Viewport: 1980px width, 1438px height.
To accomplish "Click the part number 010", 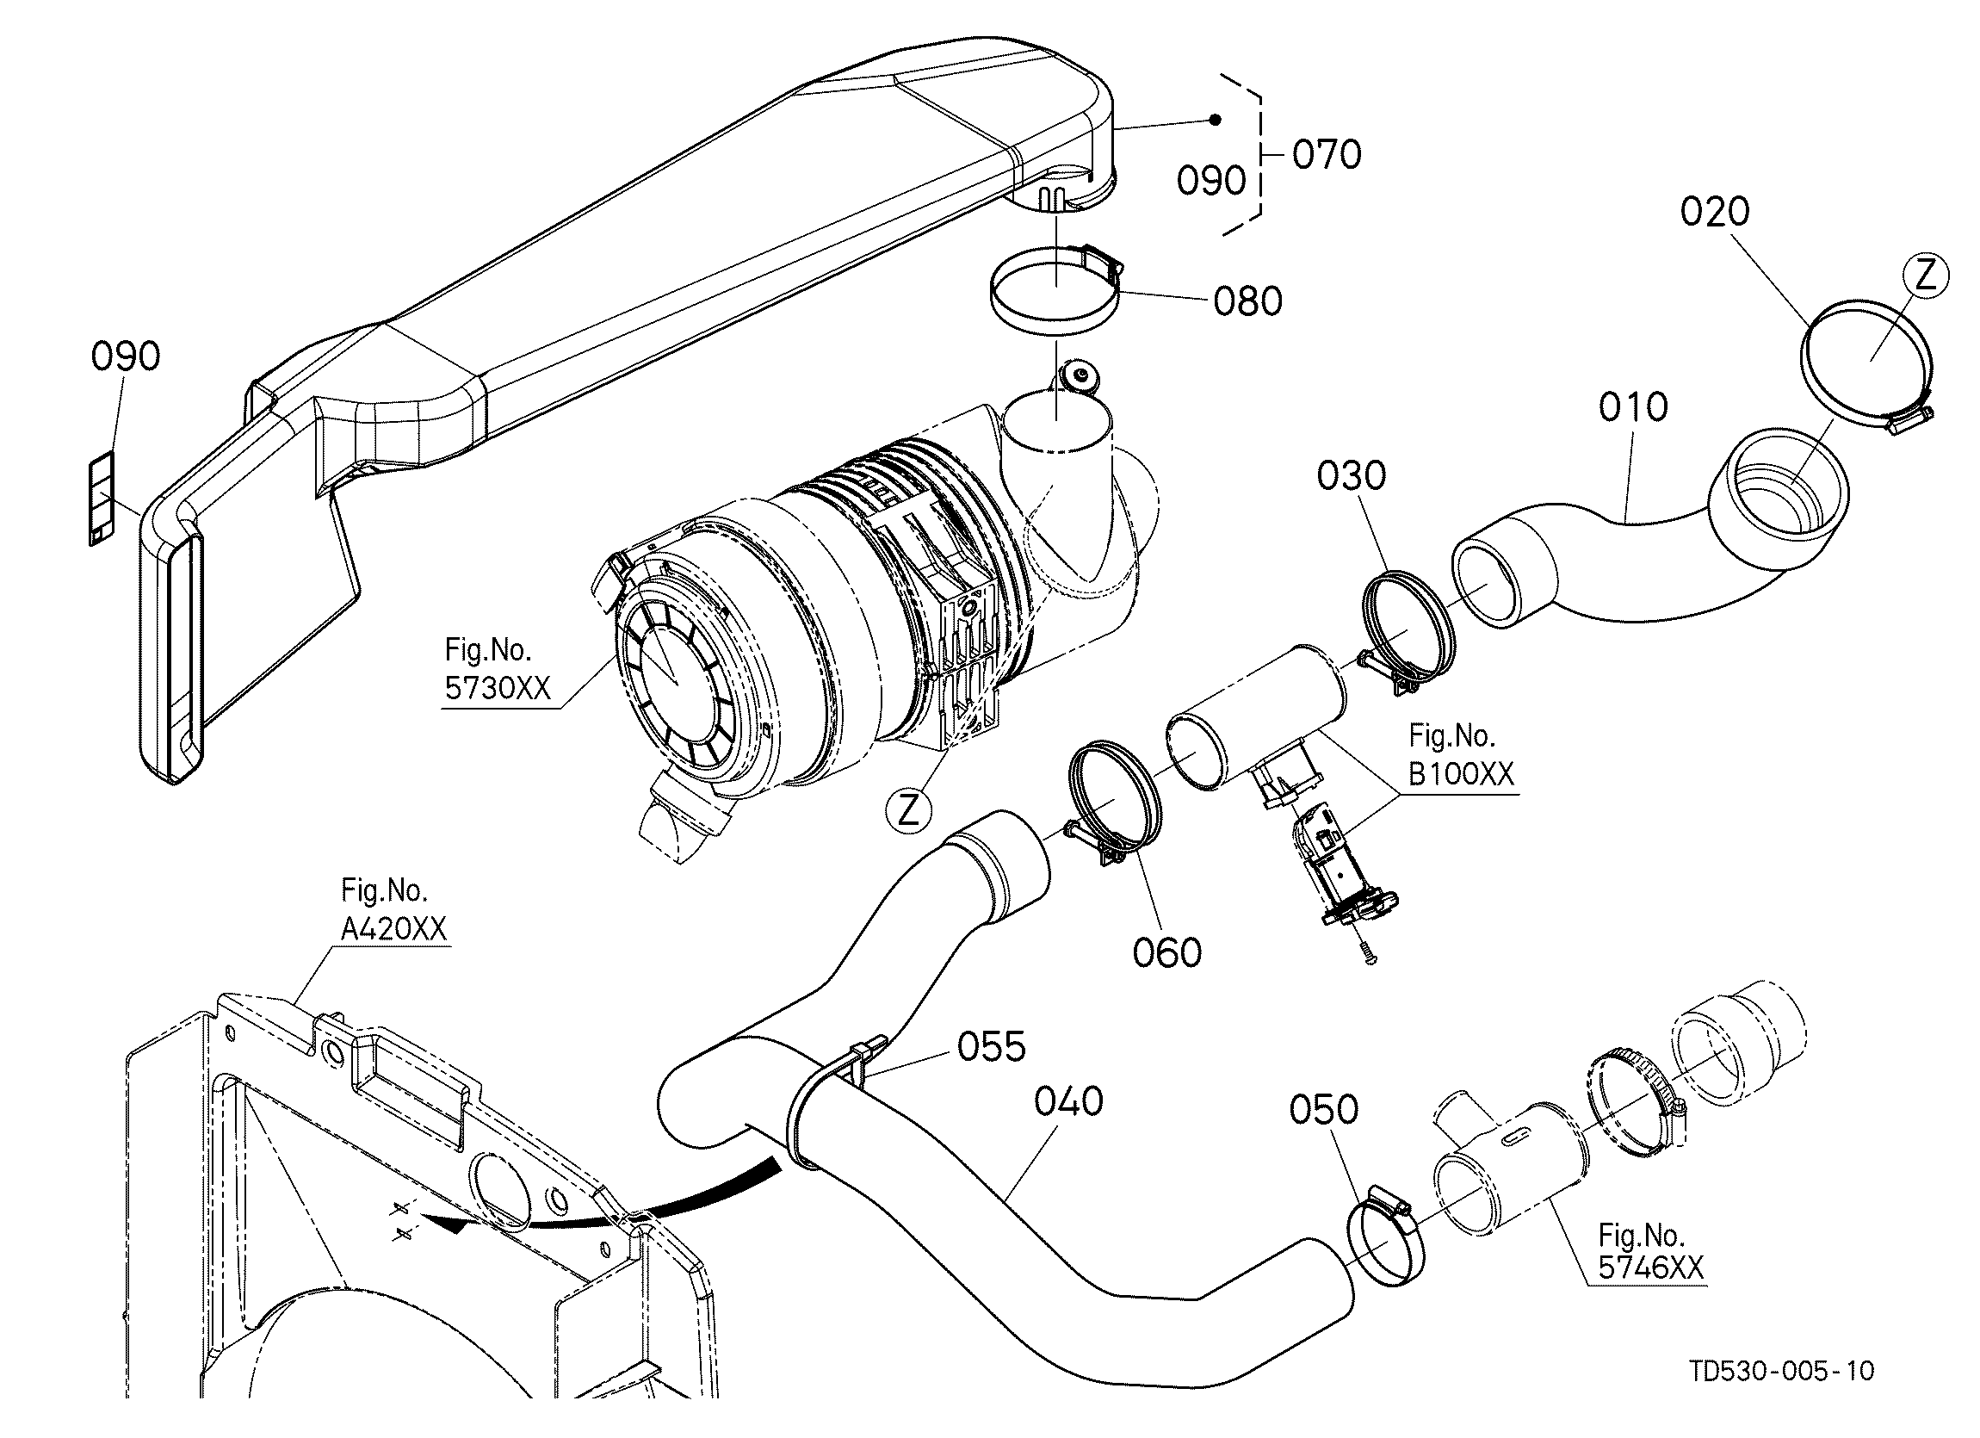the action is click(1633, 407).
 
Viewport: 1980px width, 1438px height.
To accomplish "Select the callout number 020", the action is click(1716, 212).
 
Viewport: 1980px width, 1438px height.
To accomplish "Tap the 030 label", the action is click(1352, 476).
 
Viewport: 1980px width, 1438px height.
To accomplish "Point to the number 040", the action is click(1068, 1102).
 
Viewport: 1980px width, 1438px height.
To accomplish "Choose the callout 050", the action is click(1323, 1110).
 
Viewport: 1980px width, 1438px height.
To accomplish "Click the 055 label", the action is click(992, 1047).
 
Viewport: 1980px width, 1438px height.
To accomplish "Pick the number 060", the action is click(1167, 952).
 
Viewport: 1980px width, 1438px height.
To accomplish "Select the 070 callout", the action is click(1327, 154).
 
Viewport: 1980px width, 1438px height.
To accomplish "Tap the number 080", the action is click(1248, 301).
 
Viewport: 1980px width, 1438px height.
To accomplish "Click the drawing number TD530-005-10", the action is click(1782, 1371).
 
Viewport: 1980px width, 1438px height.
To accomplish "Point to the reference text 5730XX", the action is click(498, 689).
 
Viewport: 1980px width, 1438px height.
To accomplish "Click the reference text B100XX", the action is click(1462, 774).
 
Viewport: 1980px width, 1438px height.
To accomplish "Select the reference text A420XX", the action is click(393, 929).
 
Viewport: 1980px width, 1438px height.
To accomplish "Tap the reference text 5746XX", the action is click(1651, 1268).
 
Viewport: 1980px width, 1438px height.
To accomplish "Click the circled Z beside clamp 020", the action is click(1926, 276).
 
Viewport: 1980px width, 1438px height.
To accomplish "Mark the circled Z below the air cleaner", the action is click(909, 812).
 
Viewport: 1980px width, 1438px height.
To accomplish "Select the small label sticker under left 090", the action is click(102, 499).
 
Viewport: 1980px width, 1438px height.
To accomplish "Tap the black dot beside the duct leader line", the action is click(1215, 120).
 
